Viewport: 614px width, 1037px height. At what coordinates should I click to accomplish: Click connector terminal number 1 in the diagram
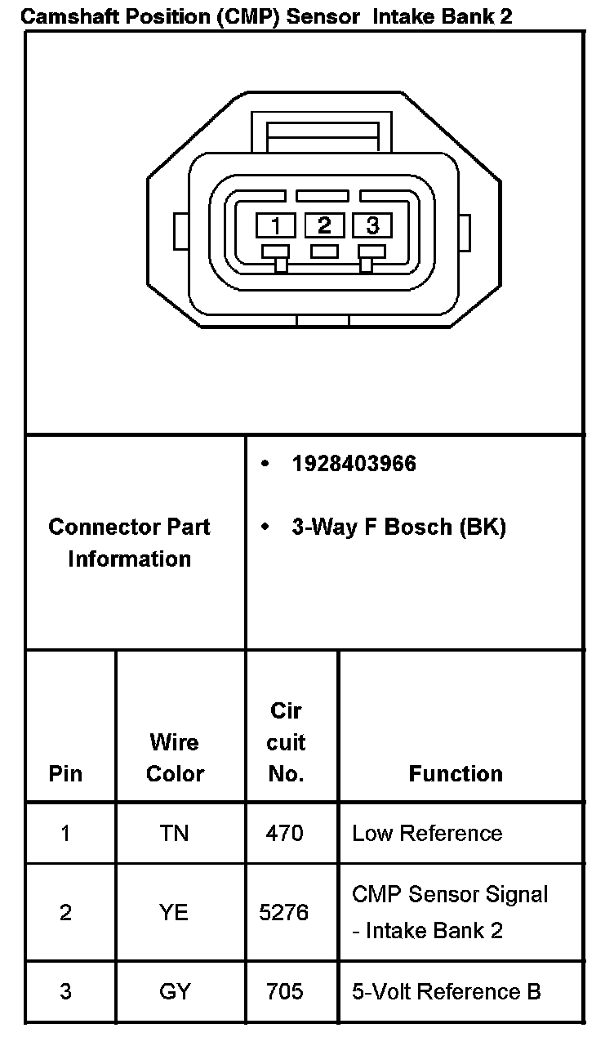(x=277, y=225)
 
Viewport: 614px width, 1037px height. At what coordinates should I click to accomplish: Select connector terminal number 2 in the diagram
(x=324, y=225)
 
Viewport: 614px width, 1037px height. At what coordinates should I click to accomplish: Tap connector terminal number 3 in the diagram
(x=372, y=225)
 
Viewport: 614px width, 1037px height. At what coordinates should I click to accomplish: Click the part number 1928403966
(x=354, y=464)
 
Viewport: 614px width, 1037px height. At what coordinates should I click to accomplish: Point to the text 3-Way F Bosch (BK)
(x=398, y=527)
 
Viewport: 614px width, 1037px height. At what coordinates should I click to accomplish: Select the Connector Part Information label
(x=130, y=543)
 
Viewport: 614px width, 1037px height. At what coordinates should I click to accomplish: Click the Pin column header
(x=66, y=773)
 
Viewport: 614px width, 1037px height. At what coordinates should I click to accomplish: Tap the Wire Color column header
(x=175, y=758)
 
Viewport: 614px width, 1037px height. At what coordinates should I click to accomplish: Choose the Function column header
(x=456, y=773)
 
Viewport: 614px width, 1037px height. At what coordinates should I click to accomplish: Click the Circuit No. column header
(x=286, y=742)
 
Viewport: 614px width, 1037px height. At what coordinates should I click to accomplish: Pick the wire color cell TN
(x=175, y=833)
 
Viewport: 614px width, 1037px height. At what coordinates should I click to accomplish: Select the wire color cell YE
(x=175, y=912)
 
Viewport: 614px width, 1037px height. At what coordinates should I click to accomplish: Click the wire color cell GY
(x=175, y=991)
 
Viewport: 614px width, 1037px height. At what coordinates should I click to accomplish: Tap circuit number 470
(x=284, y=833)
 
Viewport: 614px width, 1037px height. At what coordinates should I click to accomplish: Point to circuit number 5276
(x=284, y=912)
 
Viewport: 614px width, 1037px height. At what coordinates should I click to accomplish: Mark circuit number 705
(x=284, y=991)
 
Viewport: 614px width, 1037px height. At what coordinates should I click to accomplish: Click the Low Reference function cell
(x=427, y=833)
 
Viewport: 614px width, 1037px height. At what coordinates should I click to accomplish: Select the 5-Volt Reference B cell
(x=446, y=991)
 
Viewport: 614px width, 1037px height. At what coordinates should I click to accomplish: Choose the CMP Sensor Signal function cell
(x=450, y=912)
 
